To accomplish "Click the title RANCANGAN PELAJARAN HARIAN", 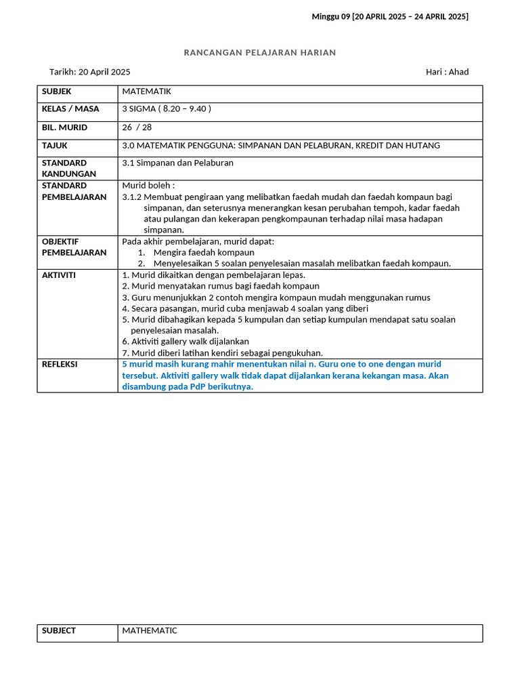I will tap(260, 53).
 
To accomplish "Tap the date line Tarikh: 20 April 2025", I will tap(90, 72).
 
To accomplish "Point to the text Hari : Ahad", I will tap(447, 72).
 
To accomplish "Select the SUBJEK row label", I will tap(56, 91).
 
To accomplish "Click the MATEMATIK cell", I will tap(146, 91).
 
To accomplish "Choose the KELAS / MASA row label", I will tap(70, 108).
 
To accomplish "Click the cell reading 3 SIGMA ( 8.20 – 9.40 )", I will tap(167, 108).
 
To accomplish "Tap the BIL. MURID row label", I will tap(64, 127).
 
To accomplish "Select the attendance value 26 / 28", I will tap(137, 127).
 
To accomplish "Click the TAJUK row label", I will tap(55, 146).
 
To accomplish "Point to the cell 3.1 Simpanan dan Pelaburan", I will tap(177, 163).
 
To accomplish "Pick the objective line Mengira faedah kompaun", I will tap(204, 252).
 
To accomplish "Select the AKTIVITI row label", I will tap(59, 275).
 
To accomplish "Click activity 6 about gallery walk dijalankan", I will tap(186, 342).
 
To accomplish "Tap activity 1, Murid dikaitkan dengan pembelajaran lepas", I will tap(213, 275).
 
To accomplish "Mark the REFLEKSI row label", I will tap(60, 365).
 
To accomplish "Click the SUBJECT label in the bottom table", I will tap(59, 631).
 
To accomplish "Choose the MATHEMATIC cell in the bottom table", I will tap(150, 631).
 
